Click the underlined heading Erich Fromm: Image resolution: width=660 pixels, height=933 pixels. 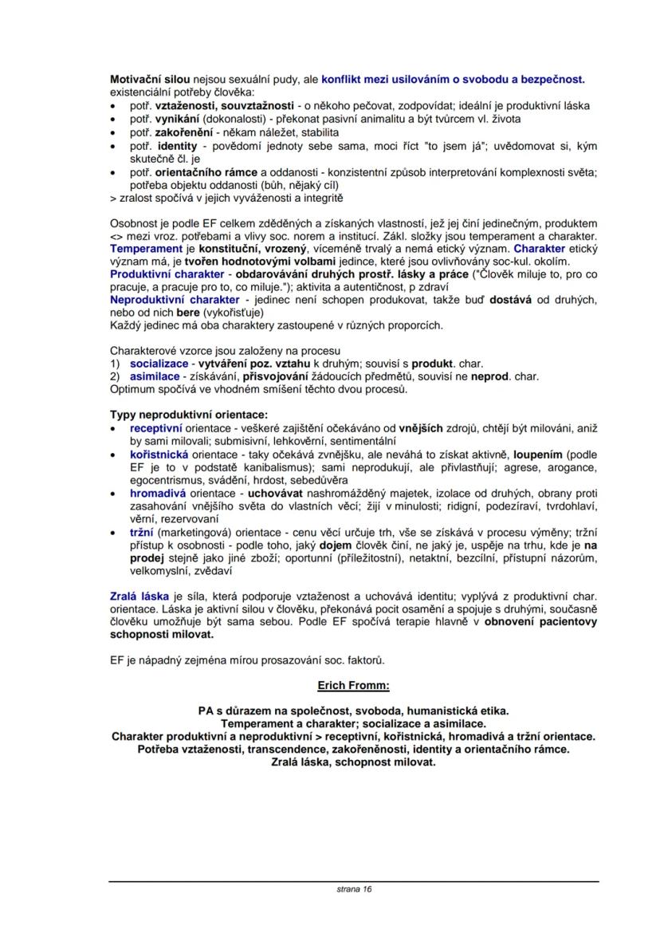click(x=353, y=685)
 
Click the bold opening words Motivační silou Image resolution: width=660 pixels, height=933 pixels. click(x=151, y=80)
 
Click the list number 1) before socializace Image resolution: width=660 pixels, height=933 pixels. click(x=115, y=364)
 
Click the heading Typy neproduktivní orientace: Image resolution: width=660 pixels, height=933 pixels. click(x=189, y=415)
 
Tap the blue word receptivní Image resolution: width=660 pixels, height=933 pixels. click(x=156, y=428)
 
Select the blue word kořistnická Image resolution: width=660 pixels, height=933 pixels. click(x=159, y=453)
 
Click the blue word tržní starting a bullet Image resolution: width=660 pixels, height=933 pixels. click(x=142, y=532)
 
